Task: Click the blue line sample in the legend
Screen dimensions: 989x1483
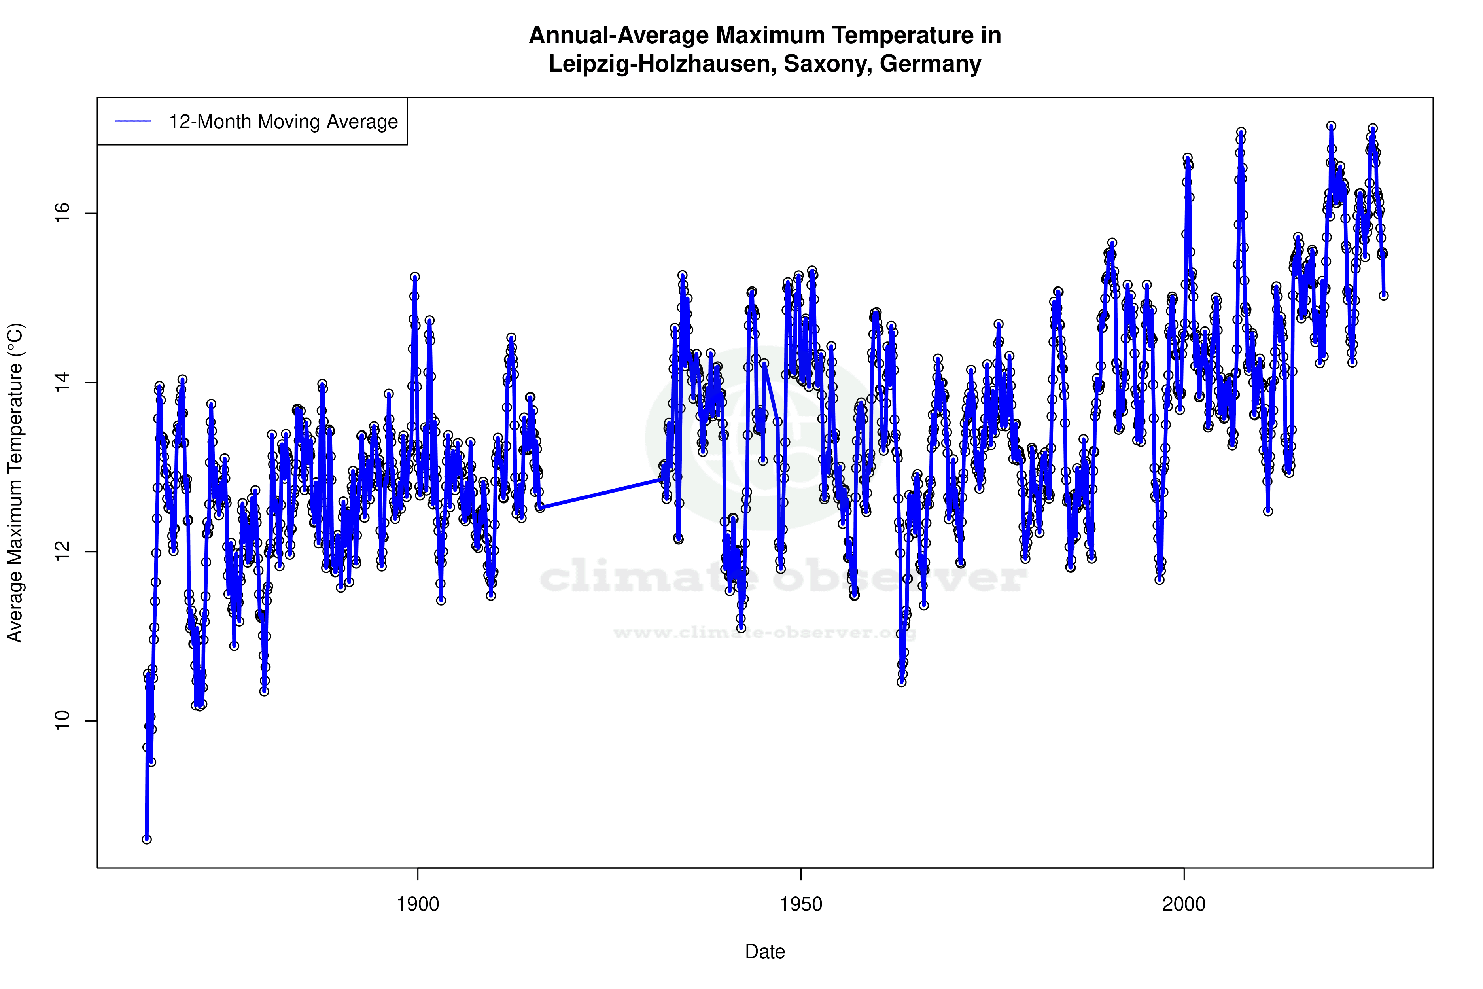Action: point(132,121)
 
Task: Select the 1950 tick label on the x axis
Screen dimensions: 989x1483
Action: point(801,904)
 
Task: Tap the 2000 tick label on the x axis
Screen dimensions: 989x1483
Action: point(1184,904)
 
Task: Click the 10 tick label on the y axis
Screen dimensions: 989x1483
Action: point(62,720)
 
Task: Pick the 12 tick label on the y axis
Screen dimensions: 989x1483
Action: point(62,551)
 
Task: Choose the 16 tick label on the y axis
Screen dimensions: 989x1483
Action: point(62,213)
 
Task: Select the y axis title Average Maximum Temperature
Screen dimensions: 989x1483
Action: point(15,483)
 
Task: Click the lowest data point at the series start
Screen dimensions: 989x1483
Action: point(146,839)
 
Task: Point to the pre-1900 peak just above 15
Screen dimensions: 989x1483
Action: point(414,276)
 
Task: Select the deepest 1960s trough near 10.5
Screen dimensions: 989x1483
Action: point(902,682)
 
